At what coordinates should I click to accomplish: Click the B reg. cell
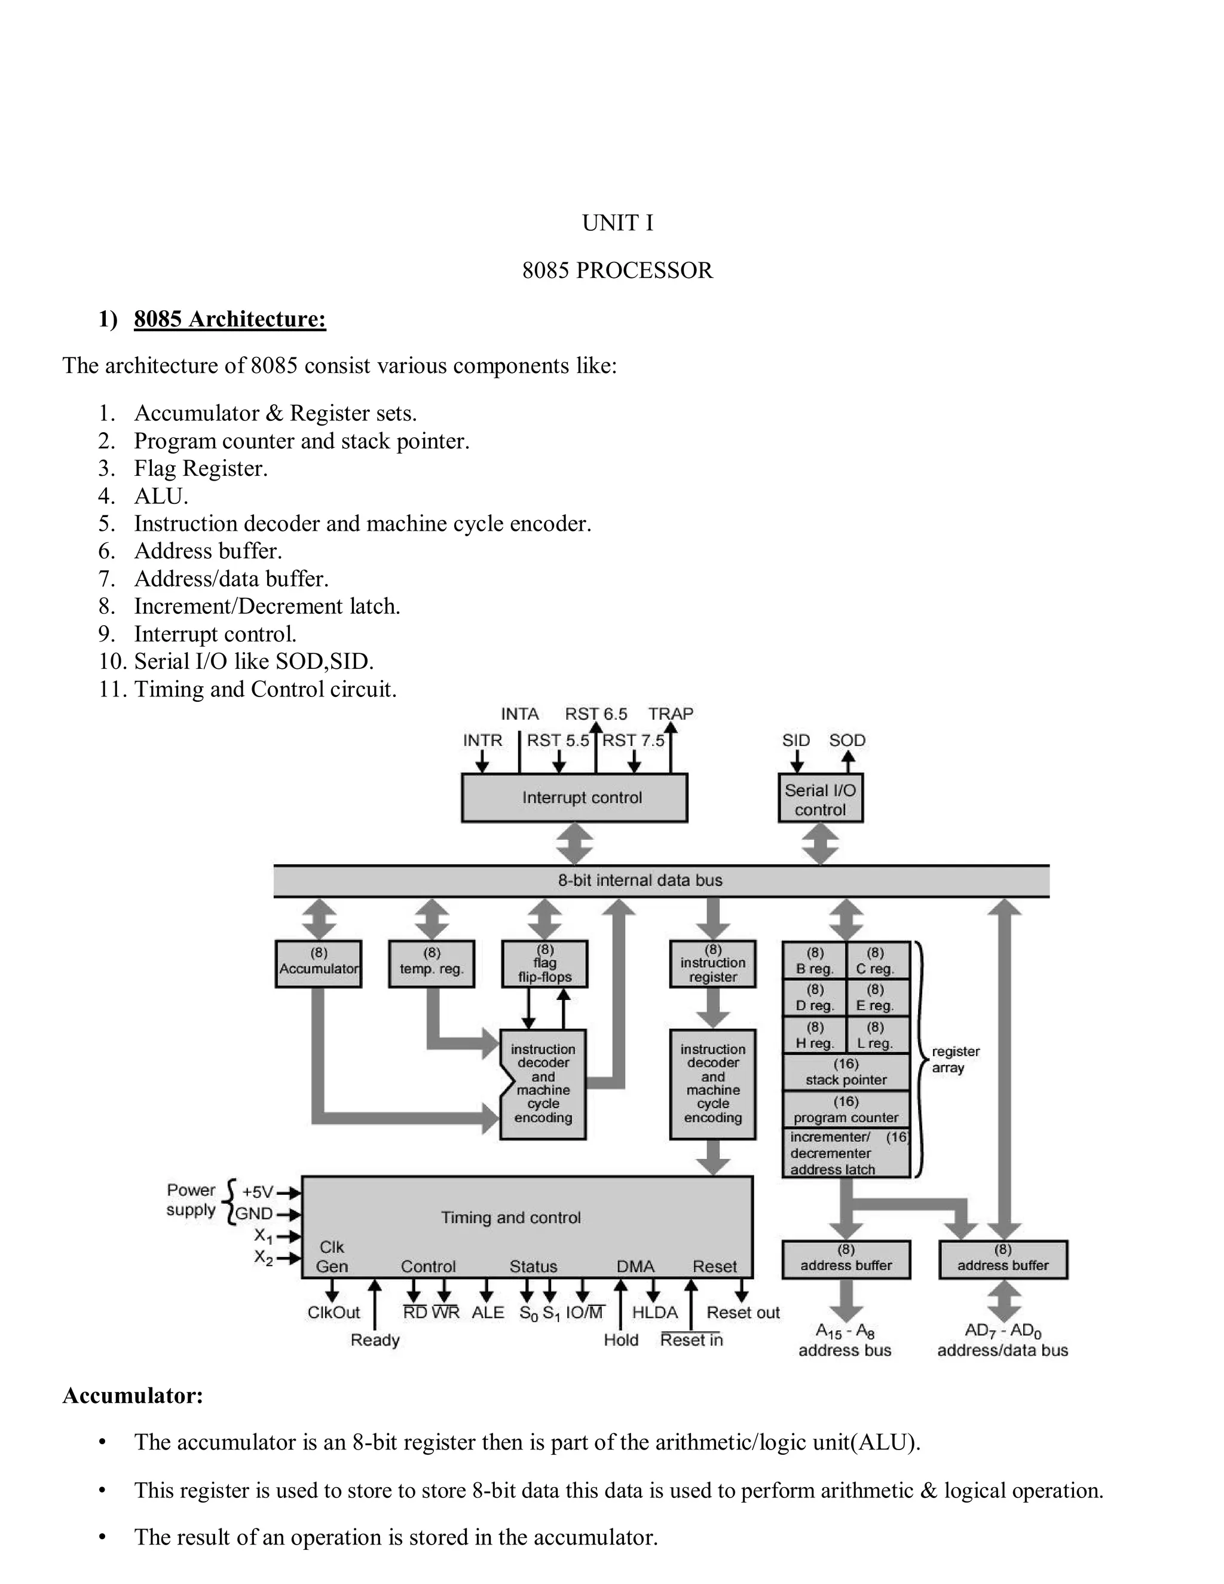point(815,961)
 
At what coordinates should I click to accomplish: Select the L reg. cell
point(876,1035)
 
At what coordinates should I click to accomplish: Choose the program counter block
point(846,1109)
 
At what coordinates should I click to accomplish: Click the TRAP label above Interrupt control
point(671,714)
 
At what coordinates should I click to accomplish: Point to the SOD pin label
point(847,741)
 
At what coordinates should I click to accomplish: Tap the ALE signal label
point(487,1312)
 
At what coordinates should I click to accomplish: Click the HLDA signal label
point(655,1312)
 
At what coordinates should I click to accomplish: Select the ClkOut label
point(333,1312)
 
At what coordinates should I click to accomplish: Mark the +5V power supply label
point(258,1192)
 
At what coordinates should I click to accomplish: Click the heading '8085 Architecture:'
point(230,319)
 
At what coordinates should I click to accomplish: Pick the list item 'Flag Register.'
point(201,469)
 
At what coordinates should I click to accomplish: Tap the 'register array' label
point(955,1060)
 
